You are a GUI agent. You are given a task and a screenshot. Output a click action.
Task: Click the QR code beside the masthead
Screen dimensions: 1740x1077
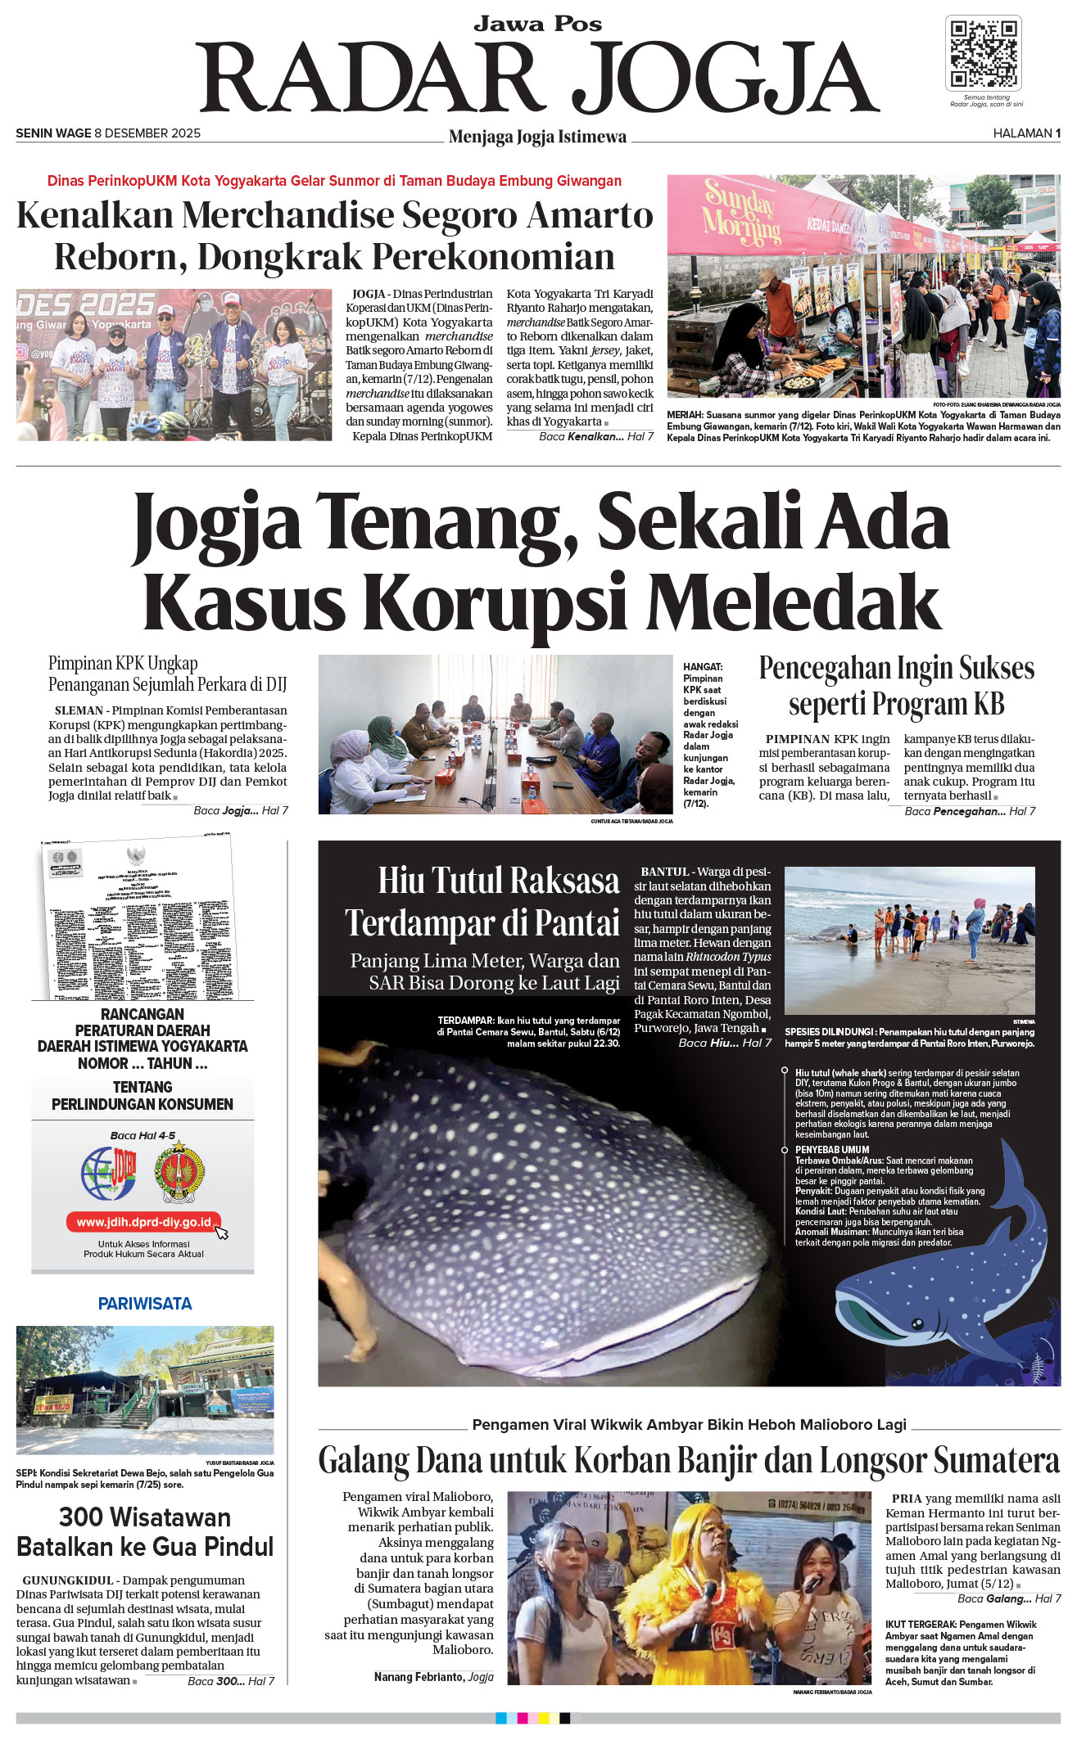(x=983, y=53)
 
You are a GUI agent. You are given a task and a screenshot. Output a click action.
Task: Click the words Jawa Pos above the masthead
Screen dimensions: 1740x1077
(x=537, y=25)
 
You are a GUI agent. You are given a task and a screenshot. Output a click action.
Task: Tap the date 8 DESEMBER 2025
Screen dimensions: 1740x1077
(x=147, y=133)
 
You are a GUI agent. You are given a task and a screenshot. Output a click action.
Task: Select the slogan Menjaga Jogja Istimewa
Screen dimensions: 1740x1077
(x=537, y=137)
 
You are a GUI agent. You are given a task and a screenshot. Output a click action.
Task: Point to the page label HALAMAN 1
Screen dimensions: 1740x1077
(x=1026, y=133)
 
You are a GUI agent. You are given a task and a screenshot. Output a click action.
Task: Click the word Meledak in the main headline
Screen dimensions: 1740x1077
(x=793, y=603)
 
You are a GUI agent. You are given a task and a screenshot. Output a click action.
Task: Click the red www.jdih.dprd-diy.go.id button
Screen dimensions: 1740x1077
(x=143, y=1222)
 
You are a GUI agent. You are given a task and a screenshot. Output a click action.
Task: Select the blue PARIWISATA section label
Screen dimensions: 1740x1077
(x=145, y=1304)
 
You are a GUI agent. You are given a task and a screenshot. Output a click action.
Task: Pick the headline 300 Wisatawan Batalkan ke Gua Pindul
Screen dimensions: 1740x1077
(x=145, y=1532)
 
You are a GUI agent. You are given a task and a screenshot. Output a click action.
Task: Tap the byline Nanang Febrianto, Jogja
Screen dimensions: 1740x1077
(x=433, y=1677)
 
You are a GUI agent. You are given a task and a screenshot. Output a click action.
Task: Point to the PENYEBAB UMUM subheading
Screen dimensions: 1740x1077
(x=832, y=1150)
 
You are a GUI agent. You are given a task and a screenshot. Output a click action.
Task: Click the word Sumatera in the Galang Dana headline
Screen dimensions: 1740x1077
(x=996, y=1461)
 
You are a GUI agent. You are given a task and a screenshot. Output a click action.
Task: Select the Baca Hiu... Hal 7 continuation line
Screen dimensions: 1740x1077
(x=725, y=1043)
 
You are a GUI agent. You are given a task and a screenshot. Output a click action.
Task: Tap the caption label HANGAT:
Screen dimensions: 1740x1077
(x=703, y=667)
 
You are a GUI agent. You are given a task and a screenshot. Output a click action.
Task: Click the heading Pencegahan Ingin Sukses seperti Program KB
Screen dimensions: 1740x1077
(x=897, y=686)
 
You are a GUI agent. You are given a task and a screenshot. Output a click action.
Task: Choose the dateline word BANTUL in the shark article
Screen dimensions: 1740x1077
(x=665, y=872)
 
